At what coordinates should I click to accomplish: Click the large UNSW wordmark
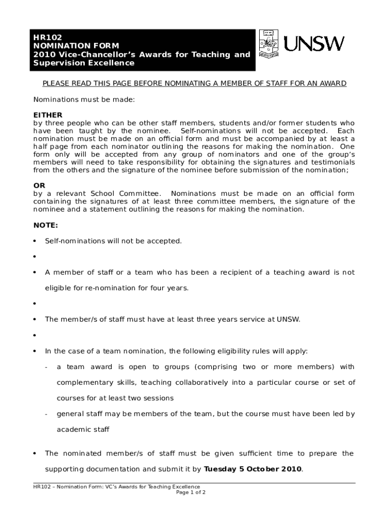(x=314, y=44)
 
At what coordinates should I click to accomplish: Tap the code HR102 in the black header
(x=44, y=37)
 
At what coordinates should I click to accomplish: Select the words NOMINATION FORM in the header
(x=65, y=45)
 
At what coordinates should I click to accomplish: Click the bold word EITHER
(x=47, y=115)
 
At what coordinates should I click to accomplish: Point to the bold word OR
(x=39, y=186)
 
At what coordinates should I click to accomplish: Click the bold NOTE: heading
(x=45, y=225)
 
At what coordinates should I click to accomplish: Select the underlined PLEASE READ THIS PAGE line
(x=194, y=84)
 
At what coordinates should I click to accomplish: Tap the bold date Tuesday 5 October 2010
(x=253, y=469)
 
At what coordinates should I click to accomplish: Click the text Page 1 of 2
(x=191, y=493)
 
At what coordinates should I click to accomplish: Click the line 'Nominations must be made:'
(x=84, y=99)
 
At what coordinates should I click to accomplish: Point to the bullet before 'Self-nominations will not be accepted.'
(x=35, y=241)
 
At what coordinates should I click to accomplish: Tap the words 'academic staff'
(x=83, y=430)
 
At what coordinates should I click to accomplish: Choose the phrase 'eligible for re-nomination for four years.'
(x=117, y=288)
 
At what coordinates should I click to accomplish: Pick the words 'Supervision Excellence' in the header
(x=84, y=63)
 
